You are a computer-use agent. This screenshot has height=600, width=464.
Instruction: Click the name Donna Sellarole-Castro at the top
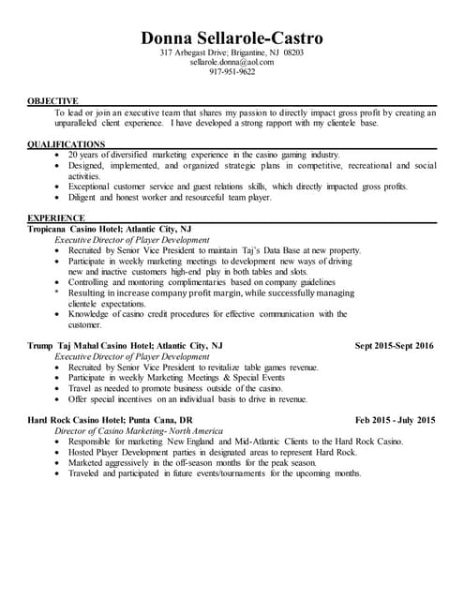coord(232,38)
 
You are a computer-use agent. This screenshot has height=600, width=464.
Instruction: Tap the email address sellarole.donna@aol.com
coord(232,62)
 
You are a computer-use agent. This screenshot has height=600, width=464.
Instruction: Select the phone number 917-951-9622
coord(232,71)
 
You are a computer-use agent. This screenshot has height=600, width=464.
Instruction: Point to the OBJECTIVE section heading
coord(52,100)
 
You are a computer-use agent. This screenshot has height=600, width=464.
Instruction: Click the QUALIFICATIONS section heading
coord(66,143)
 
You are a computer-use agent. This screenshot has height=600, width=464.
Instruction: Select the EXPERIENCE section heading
coord(57,218)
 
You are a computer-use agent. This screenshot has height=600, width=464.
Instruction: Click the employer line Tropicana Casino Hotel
coord(110,229)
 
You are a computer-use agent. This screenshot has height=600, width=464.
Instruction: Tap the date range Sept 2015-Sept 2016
coord(394,346)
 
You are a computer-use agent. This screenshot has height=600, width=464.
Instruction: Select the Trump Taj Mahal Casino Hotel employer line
coord(126,346)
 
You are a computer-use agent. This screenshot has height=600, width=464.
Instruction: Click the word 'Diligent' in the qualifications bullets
coord(85,198)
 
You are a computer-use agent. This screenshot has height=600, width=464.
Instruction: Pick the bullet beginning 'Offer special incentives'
coord(187,399)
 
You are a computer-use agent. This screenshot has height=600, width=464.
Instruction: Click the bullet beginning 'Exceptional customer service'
coord(234,187)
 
